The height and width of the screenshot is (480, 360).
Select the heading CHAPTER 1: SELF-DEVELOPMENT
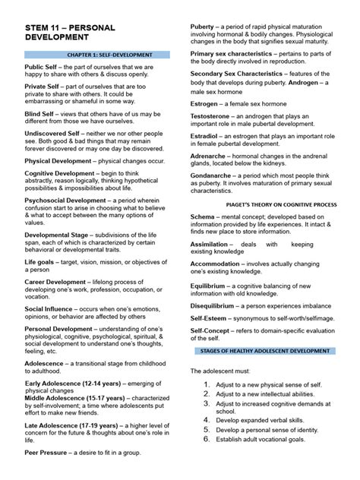coord(99,55)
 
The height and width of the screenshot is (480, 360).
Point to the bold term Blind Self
coord(41,112)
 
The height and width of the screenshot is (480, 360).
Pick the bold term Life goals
coord(40,261)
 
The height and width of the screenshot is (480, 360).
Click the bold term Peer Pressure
coord(49,453)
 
